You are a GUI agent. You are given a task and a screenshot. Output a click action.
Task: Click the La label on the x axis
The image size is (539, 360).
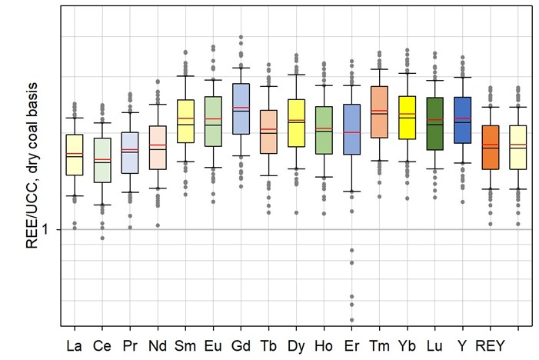tap(75, 345)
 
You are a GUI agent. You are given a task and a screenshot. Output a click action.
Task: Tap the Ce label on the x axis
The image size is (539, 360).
tap(102, 345)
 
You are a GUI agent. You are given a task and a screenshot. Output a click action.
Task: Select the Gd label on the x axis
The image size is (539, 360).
tap(241, 345)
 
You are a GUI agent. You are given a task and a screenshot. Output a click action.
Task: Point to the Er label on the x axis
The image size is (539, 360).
tap(351, 345)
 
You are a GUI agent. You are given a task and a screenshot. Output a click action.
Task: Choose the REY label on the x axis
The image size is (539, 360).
tap(490, 345)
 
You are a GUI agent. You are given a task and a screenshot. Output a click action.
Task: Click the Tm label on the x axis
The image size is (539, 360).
tap(379, 345)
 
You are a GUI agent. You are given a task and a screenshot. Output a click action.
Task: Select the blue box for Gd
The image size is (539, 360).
tap(241, 108)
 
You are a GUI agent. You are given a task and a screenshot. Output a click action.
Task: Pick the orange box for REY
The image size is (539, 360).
tap(490, 147)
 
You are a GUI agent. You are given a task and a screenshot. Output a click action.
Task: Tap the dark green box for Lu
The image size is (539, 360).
tap(434, 123)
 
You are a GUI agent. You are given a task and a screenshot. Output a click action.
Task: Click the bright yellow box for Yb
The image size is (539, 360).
tap(407, 117)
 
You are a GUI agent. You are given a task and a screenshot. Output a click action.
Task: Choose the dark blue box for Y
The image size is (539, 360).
tap(462, 119)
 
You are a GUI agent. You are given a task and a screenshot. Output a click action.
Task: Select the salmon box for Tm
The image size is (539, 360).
tap(379, 112)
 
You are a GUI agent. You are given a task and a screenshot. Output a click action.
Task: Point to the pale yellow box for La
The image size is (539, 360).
tap(75, 155)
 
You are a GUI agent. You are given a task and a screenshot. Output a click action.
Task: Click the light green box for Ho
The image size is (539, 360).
tap(324, 130)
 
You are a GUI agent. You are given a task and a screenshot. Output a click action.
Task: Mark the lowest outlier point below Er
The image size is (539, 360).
tap(351, 320)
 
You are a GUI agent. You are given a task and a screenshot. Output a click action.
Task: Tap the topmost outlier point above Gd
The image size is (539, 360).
tap(241, 37)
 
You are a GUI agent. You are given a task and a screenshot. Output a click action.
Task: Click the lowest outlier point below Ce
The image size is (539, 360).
tap(102, 238)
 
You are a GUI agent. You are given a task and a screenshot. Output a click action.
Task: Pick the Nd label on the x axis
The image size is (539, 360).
tap(158, 345)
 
